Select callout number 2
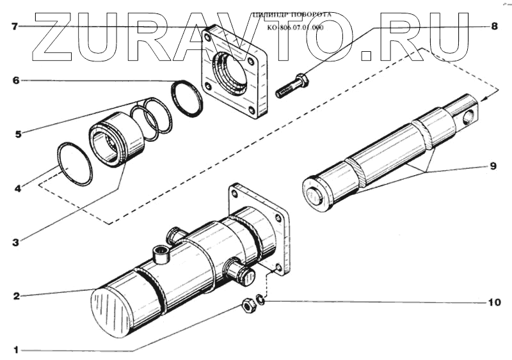point(16,296)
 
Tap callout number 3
point(16,242)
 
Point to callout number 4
point(17,189)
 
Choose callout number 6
point(16,81)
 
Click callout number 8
point(493,26)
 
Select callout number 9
point(493,166)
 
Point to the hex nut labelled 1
point(250,306)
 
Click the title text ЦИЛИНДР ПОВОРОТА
point(291,13)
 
